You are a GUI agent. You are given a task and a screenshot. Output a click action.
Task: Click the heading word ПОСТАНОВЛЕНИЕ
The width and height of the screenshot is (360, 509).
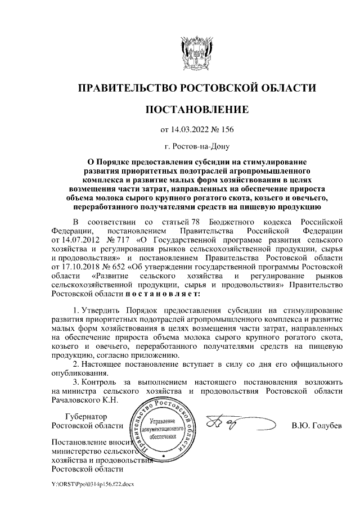(x=196, y=110)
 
